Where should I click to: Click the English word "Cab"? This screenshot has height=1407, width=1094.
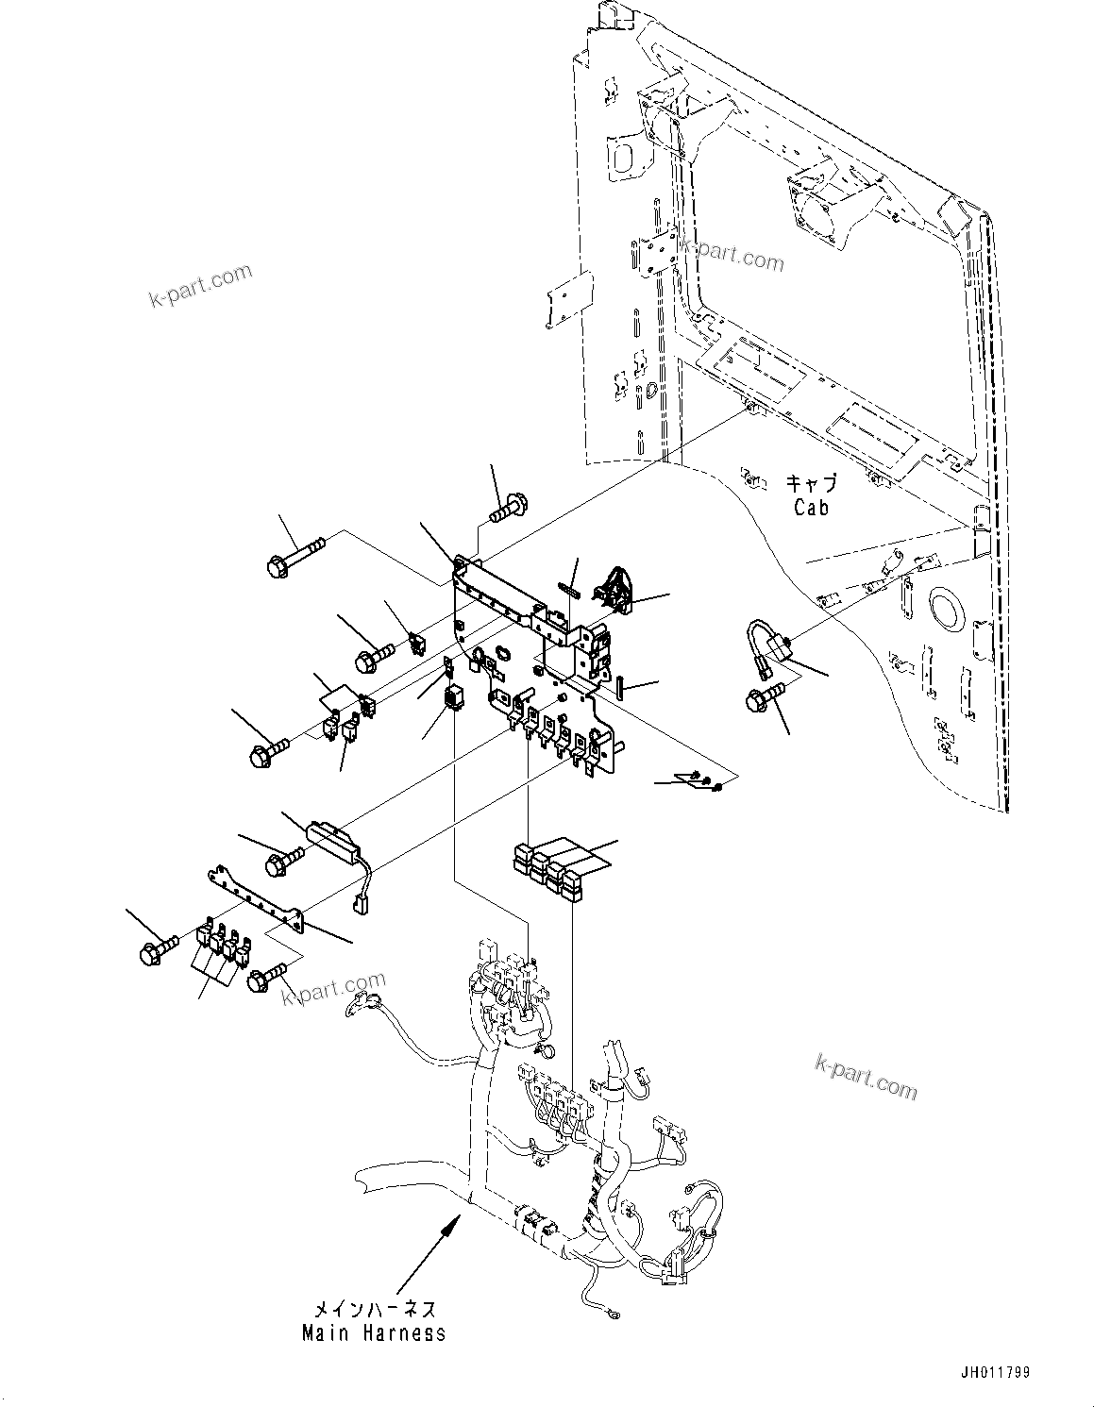811,508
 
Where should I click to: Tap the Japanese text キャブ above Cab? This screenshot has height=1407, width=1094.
811,484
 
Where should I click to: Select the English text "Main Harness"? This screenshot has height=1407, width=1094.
374,1333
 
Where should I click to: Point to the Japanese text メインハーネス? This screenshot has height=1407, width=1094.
374,1310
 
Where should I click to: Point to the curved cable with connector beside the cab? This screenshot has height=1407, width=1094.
770,643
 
